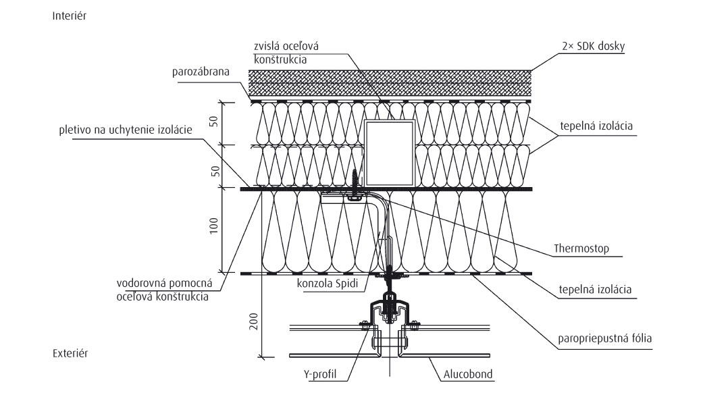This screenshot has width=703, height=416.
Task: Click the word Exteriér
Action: (x=70, y=353)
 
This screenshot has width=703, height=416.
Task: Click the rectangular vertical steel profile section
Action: (x=389, y=153)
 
